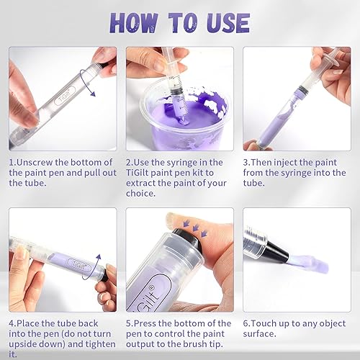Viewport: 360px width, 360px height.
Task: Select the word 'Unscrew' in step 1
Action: click(x=39, y=163)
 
